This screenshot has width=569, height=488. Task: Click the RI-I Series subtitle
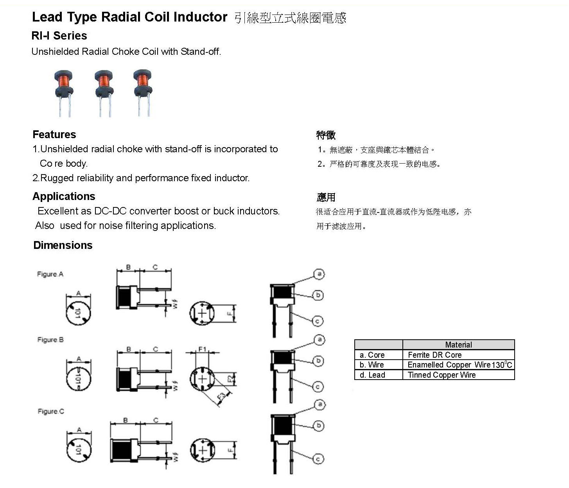coord(59,36)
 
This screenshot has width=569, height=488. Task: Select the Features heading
coord(54,135)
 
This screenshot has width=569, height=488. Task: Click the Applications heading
coord(64,196)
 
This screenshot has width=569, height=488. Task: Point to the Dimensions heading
coord(63,245)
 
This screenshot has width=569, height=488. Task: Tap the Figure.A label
coord(50,274)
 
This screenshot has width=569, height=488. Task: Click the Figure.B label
coord(50,340)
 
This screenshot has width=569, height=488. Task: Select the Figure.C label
coord(50,411)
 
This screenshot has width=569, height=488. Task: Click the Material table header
coord(458,345)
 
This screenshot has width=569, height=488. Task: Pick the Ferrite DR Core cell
coord(434,355)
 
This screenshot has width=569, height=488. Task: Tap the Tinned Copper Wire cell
coord(442,375)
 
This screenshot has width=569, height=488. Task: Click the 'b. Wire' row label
coord(372,365)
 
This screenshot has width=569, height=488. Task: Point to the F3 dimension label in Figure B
coord(222,397)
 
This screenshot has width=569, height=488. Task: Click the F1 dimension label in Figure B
coord(202,349)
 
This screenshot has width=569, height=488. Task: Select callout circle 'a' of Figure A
coord(319,274)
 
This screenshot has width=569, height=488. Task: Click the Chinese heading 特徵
coord(326,135)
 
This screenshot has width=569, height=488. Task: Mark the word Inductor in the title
coord(200,17)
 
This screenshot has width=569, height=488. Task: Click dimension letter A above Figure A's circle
coord(79,293)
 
